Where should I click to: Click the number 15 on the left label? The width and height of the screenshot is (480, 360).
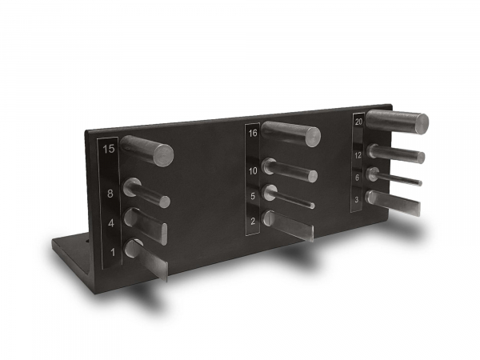(x=109, y=149)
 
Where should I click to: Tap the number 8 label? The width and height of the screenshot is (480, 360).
(x=110, y=194)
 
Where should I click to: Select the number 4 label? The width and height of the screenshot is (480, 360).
(x=111, y=223)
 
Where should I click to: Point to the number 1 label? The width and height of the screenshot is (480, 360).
(x=113, y=252)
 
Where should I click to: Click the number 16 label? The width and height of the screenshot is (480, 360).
(x=253, y=133)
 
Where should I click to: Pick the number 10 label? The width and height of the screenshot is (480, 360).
(x=253, y=171)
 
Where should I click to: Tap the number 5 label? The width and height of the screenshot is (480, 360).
(x=253, y=196)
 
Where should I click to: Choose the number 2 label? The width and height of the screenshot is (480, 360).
(x=253, y=221)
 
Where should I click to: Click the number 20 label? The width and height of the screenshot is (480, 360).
(x=358, y=122)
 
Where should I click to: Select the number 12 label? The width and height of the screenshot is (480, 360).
(x=358, y=155)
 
